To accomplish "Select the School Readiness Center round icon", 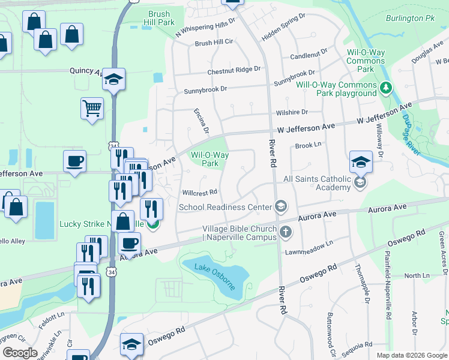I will [x=280, y=207].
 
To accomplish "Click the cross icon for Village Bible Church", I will [x=286, y=232].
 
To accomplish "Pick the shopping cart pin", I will [x=92, y=109].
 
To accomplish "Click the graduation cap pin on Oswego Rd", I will [x=131, y=344].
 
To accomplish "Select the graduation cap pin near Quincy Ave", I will [x=113, y=79].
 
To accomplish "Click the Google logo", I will [x=20, y=353].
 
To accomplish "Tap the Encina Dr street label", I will [x=200, y=121].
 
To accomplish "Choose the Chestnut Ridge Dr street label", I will [x=234, y=71].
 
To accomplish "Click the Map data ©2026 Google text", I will [x=411, y=355].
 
